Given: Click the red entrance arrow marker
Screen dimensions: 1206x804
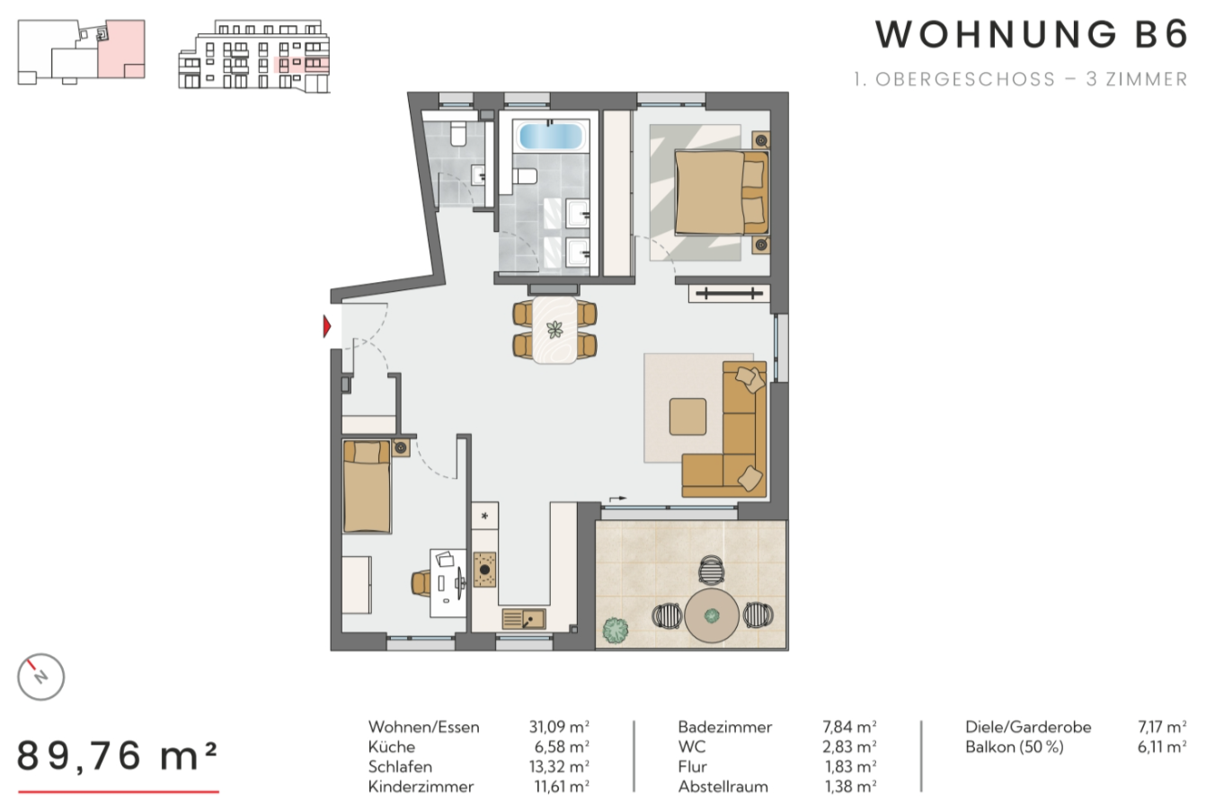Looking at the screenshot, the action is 327,327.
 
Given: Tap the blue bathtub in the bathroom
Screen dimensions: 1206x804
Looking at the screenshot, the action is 551,137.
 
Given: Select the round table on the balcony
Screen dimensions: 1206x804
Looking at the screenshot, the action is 711,615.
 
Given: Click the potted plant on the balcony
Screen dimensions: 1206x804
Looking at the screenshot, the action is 616,630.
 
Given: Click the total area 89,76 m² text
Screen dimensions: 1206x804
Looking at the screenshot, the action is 117,755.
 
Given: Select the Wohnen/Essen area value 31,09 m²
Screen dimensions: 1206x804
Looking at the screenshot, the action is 559,727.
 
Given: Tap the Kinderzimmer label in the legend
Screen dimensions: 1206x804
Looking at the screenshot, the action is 421,786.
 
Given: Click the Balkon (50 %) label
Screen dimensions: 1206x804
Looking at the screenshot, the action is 1015,747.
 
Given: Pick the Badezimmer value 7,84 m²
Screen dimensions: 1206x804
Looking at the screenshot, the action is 849,727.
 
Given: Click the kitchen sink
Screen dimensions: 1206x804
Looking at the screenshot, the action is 524,619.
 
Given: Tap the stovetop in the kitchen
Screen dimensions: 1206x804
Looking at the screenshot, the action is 484,570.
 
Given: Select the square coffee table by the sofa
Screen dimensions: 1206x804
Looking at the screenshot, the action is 687,417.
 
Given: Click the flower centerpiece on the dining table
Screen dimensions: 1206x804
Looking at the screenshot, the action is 554,330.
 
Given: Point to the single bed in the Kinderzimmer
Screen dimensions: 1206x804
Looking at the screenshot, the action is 367,487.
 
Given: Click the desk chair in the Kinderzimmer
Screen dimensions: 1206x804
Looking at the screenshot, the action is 421,584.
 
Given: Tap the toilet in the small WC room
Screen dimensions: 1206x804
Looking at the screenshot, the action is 458,134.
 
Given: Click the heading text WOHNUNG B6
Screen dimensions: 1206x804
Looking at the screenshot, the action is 1031,34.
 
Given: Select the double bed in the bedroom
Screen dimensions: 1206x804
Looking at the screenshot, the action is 722,192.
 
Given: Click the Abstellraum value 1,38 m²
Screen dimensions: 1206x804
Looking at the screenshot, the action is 850,786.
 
